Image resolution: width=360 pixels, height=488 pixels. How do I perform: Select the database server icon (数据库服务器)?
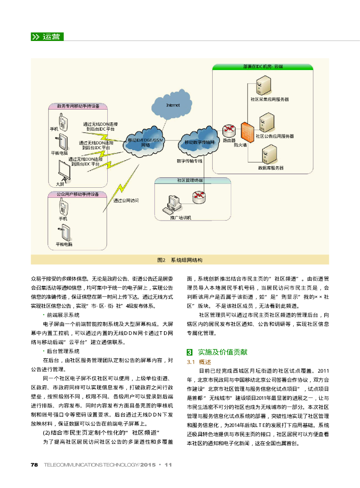pyautogui.click(x=270, y=154)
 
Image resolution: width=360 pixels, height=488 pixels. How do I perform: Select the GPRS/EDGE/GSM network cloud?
pyautogui.click(x=144, y=141)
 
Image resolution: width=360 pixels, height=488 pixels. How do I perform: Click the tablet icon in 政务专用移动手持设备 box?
pyautogui.click(x=63, y=142)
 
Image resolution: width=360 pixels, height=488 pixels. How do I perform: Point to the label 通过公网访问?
pyautogui.click(x=126, y=201)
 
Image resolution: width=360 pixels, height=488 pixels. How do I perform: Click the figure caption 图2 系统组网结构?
pyautogui.click(x=180, y=260)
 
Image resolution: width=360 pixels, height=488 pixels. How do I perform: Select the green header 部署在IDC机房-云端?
pyautogui.click(x=263, y=67)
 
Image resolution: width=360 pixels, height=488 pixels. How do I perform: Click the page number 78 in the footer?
pyautogui.click(x=34, y=465)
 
